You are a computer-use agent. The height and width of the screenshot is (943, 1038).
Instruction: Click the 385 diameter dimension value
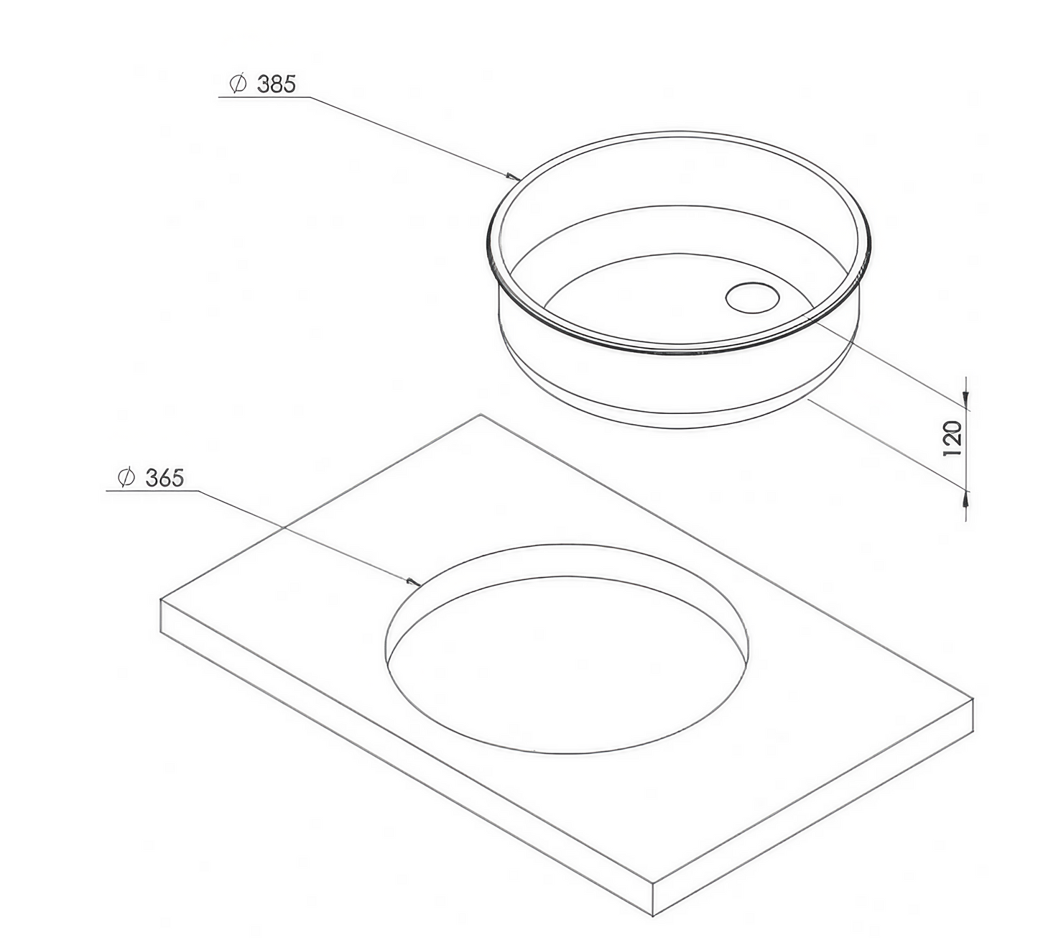click(277, 84)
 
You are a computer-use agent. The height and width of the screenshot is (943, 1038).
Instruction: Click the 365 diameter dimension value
click(164, 478)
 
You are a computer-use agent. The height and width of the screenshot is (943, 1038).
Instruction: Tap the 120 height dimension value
click(953, 438)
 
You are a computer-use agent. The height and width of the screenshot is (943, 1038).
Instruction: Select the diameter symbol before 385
click(238, 83)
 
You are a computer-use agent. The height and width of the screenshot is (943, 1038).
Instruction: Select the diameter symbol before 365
click(126, 477)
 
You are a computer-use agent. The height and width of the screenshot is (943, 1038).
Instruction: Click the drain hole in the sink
click(752, 297)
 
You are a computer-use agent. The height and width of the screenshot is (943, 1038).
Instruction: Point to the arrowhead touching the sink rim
click(514, 178)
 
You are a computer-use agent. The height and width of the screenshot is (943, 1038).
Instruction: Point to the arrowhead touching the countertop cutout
click(414, 582)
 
